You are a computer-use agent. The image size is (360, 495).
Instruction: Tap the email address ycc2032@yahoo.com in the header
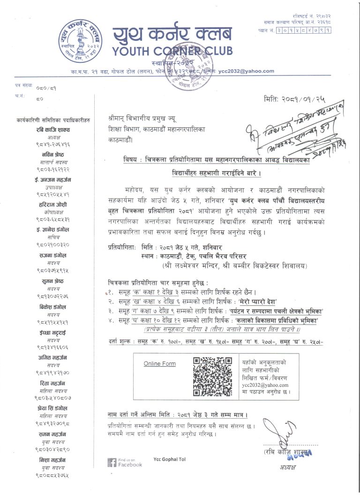[246, 71]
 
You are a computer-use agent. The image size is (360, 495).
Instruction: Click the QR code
[212, 377]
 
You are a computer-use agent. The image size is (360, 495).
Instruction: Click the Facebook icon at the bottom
[112, 462]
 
